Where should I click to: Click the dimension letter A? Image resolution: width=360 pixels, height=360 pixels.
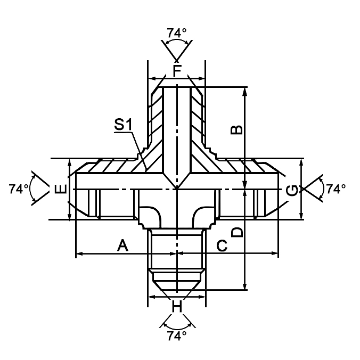click(x=123, y=246)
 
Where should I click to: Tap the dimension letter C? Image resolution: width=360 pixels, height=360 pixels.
click(x=223, y=246)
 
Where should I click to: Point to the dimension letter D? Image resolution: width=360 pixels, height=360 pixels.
click(x=237, y=232)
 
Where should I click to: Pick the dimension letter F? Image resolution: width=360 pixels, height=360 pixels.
click(x=177, y=70)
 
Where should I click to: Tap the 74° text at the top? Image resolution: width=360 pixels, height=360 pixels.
click(x=177, y=33)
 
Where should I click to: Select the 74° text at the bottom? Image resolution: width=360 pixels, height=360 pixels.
click(x=177, y=336)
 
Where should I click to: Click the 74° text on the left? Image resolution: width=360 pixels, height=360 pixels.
click(x=19, y=189)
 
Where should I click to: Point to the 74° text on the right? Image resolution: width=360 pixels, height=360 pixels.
click(x=336, y=189)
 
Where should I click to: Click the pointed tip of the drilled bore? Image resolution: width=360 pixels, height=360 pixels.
click(x=176, y=188)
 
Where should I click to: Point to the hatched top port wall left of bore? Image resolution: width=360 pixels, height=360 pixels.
click(x=156, y=117)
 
